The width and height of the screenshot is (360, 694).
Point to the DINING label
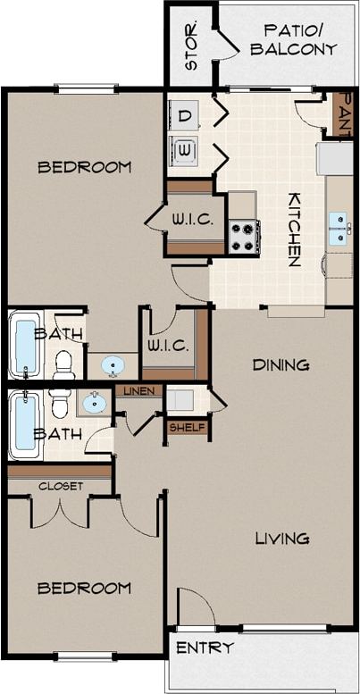pos(280,364)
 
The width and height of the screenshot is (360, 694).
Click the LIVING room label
pos(282,538)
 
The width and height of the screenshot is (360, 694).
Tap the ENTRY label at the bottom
pos(205,648)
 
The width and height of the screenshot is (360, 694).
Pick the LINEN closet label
pos(138,391)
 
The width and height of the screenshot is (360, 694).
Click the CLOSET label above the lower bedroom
pos(61,486)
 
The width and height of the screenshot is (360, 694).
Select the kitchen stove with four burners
pos(243,237)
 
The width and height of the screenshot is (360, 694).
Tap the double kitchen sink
pos(339,228)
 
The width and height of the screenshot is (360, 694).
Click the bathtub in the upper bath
pos(26,344)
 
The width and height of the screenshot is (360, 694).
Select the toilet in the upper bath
pos(63,362)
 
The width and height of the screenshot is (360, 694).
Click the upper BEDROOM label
pos(85,166)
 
